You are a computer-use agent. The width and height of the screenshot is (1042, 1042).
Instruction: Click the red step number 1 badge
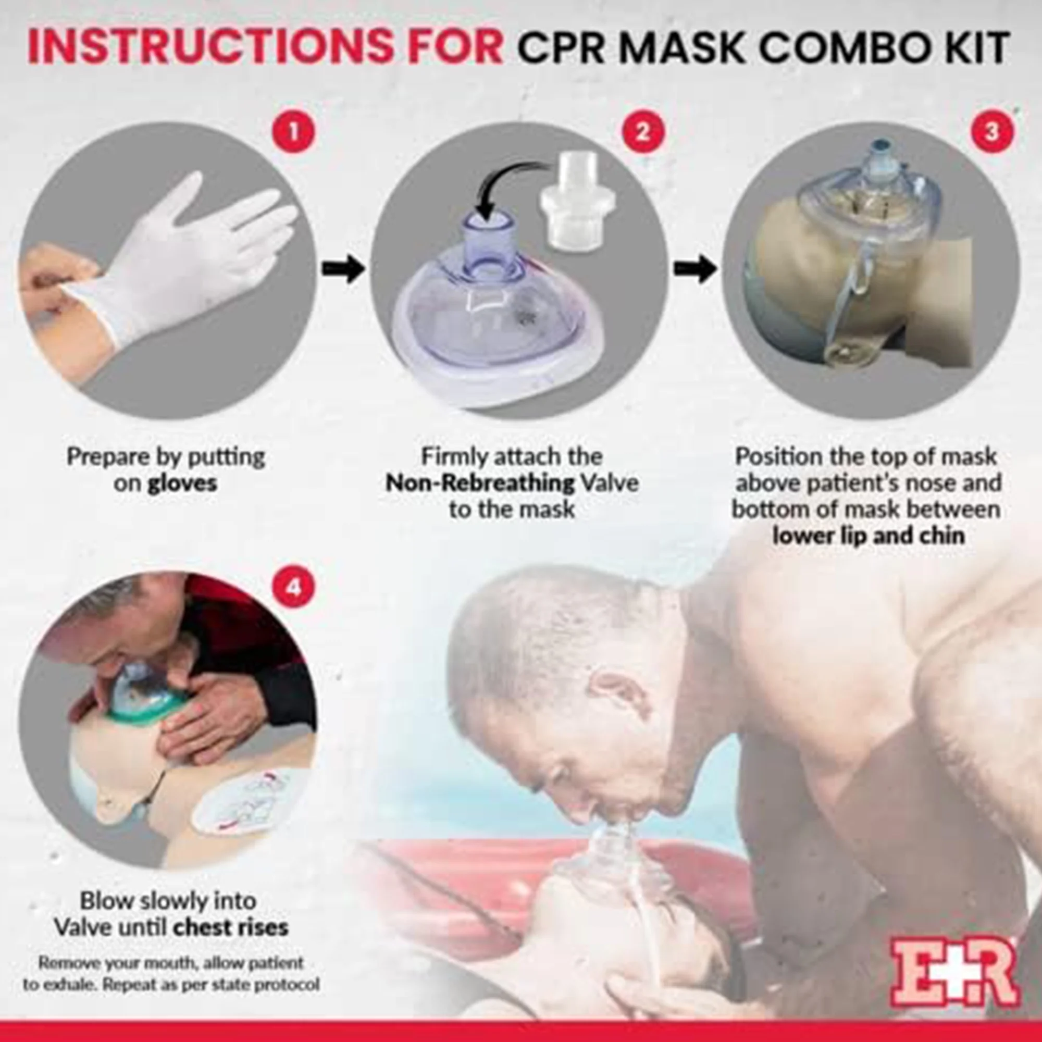coord(293,132)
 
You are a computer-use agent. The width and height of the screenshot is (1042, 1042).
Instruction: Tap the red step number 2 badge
coord(642,132)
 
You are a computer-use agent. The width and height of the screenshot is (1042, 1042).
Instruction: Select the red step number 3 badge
coord(992,132)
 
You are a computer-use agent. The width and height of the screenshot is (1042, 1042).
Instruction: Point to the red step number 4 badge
coord(293,587)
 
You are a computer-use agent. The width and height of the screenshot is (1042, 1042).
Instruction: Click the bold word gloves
coord(182,483)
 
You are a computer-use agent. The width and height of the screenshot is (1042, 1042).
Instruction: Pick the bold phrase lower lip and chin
coord(868,536)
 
